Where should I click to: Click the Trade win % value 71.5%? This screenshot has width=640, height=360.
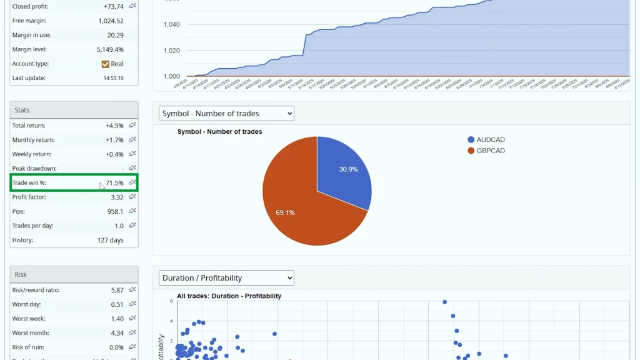(x=114, y=183)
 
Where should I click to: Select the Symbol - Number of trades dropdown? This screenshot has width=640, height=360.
(x=226, y=113)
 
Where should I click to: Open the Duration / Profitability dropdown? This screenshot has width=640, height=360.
(x=226, y=277)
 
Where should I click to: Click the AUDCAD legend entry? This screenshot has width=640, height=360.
(x=490, y=140)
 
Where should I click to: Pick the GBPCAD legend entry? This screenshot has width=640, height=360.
(x=490, y=151)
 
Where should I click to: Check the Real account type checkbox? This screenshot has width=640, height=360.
(x=106, y=64)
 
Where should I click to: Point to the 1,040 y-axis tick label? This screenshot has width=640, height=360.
(x=171, y=24)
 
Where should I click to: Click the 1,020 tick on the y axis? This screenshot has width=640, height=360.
(x=171, y=51)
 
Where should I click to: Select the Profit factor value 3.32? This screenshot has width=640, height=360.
(x=117, y=197)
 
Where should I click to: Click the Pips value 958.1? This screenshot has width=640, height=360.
(x=115, y=212)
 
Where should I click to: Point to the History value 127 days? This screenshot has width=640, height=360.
(x=110, y=241)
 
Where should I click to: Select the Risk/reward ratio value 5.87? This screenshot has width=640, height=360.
(x=117, y=290)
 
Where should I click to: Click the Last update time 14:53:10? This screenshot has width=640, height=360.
(x=113, y=78)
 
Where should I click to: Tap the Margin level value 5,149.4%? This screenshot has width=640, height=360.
(x=110, y=49)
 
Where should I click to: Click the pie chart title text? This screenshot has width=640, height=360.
(x=219, y=132)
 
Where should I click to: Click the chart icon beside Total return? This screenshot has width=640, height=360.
(x=132, y=126)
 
